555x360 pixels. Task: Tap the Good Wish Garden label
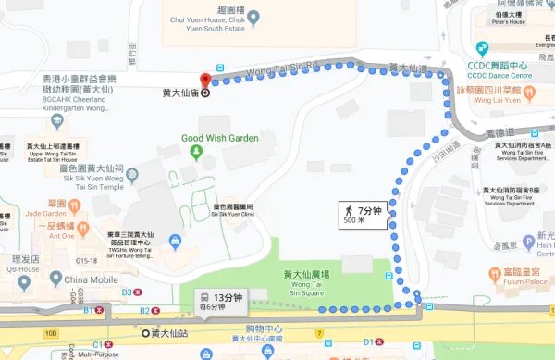point(220,138)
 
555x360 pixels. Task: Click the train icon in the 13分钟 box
point(203,299)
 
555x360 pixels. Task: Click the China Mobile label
point(90,279)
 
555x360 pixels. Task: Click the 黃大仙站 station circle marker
point(144,331)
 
